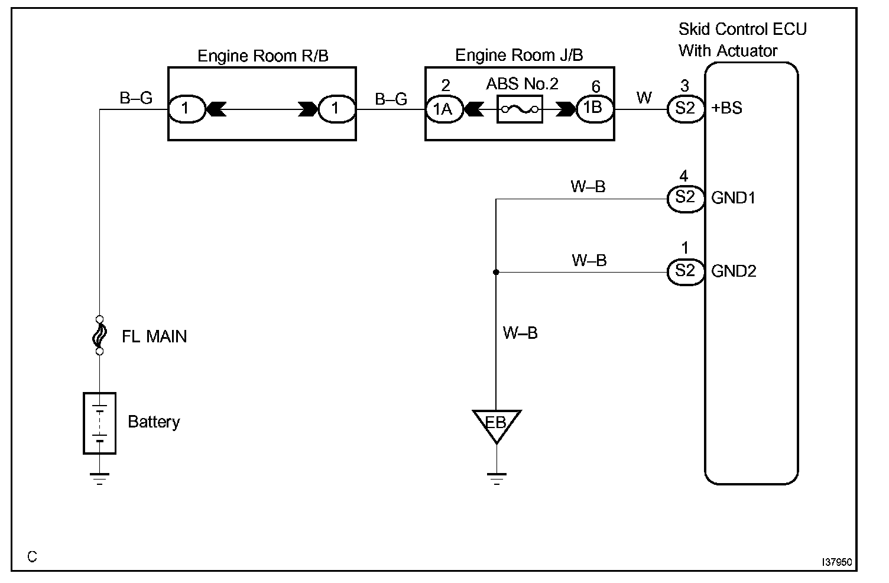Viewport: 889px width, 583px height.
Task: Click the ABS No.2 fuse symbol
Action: [520, 109]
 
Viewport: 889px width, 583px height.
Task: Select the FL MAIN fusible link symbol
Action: [99, 335]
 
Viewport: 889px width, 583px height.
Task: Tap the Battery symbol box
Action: [99, 423]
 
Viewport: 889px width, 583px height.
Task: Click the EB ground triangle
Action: [497, 424]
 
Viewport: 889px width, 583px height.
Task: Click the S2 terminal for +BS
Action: [685, 109]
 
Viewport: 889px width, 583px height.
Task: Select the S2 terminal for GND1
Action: [685, 198]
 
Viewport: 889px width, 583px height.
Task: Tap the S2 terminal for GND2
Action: [685, 271]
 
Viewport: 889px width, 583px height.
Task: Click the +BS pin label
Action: [728, 109]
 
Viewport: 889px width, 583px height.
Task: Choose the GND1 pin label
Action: [734, 198]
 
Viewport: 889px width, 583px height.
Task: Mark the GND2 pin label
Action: [734, 271]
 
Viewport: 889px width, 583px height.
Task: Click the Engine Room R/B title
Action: [262, 56]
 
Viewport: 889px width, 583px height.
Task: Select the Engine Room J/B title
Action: [519, 56]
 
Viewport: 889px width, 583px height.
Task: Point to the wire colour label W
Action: [644, 98]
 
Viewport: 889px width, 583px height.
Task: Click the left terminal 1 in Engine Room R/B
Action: [186, 109]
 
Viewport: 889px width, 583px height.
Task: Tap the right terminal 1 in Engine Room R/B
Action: [336, 109]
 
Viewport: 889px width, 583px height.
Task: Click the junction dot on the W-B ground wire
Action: [496, 272]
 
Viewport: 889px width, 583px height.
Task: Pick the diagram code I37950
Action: [836, 562]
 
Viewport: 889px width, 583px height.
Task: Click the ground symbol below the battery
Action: [99, 478]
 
